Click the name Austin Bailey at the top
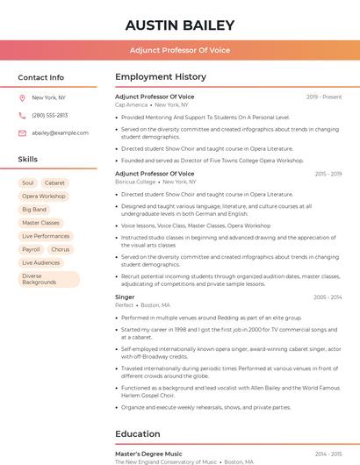tap(180, 25)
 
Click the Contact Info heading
tap(41, 77)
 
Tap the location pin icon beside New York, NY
tap(22, 97)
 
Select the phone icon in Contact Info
tap(22, 115)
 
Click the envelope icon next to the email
tap(22, 133)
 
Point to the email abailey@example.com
tap(61, 133)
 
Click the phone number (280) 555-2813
tap(50, 115)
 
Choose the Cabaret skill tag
tap(54, 182)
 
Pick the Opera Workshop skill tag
tap(44, 197)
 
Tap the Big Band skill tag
tap(34, 210)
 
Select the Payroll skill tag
tap(31, 249)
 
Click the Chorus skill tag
tap(61, 249)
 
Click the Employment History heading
tap(161, 77)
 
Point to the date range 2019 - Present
tap(324, 97)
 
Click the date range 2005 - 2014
tap(328, 297)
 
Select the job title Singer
tap(125, 297)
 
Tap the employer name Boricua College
tap(135, 182)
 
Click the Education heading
tap(138, 433)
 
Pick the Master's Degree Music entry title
tap(148, 454)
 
